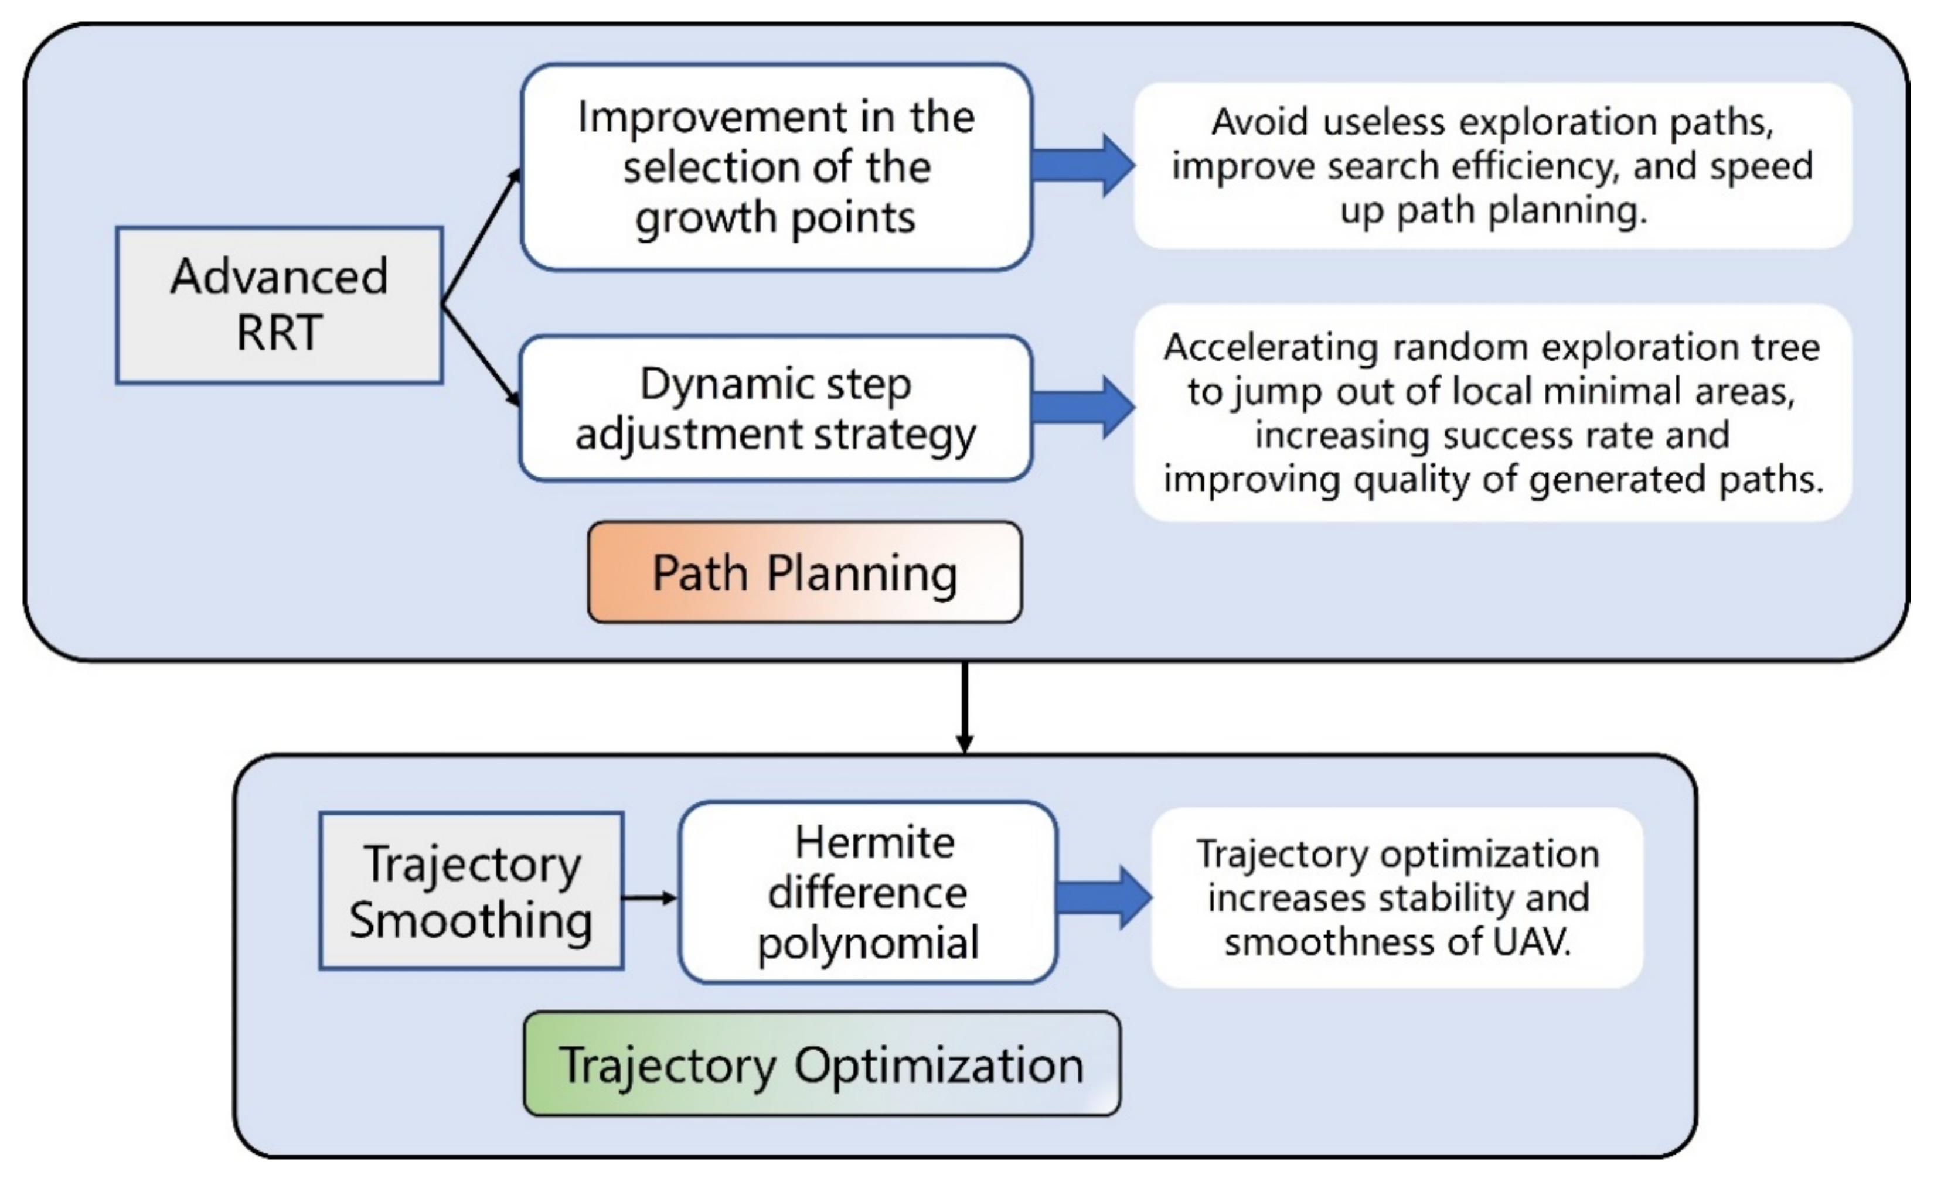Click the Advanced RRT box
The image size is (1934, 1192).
click(279, 305)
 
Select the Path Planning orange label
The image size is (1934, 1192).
click(805, 572)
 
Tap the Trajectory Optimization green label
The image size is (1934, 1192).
click(821, 1064)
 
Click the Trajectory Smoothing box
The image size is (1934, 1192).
click(471, 891)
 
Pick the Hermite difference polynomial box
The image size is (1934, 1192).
click(867, 893)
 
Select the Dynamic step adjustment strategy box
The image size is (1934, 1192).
click(775, 408)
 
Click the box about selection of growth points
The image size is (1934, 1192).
click(775, 167)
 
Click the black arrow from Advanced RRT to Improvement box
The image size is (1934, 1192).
click(481, 237)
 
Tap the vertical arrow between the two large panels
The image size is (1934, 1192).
click(964, 706)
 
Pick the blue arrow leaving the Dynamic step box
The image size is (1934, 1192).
click(1082, 407)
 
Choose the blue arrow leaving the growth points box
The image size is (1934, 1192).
click(1082, 166)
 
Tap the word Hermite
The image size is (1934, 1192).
click(874, 842)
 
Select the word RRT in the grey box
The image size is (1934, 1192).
click(279, 332)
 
